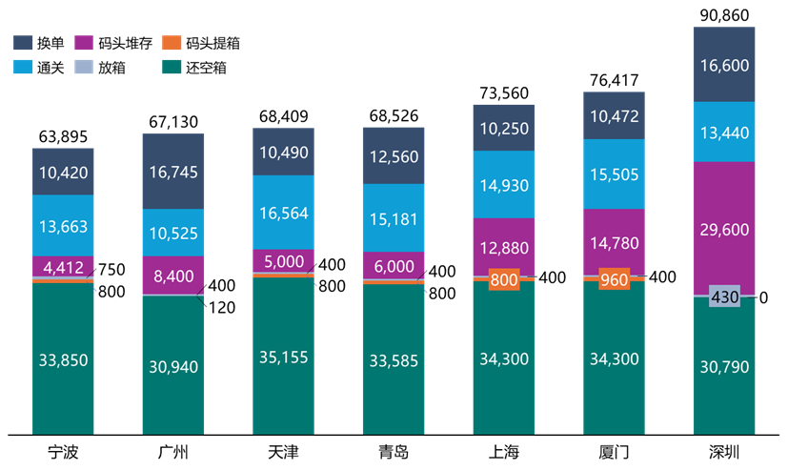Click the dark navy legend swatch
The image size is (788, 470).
(x=24, y=43)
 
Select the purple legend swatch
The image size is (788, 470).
(x=84, y=43)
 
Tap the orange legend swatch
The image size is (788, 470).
(x=172, y=43)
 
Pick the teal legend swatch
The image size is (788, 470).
(x=172, y=67)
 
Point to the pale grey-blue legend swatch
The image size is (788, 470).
(x=84, y=67)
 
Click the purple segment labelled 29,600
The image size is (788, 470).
(x=724, y=229)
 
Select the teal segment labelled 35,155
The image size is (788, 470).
(x=284, y=358)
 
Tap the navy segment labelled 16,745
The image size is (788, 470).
(x=173, y=172)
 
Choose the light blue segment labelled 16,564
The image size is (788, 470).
(x=284, y=213)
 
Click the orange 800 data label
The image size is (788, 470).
(x=503, y=280)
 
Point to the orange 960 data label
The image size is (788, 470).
(x=614, y=281)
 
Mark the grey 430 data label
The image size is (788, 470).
(x=725, y=297)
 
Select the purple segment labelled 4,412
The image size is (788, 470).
(x=63, y=266)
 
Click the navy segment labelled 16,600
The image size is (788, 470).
(x=724, y=65)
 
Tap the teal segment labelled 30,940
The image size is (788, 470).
(x=173, y=366)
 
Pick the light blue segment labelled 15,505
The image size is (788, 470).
(x=614, y=175)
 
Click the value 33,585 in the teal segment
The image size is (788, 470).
(x=394, y=361)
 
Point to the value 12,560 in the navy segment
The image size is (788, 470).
(x=394, y=156)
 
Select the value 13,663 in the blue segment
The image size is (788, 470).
(x=63, y=225)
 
